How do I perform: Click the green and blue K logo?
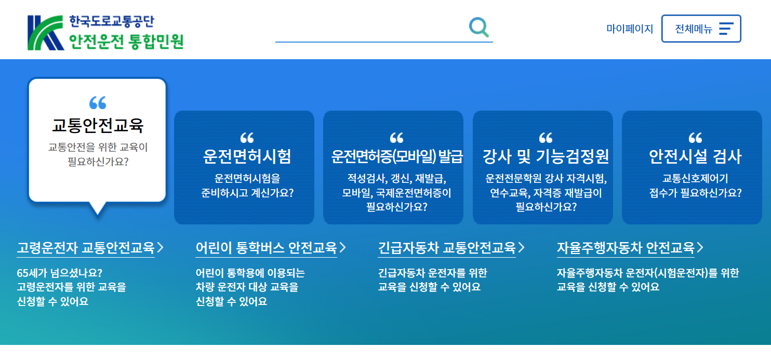point(46,33)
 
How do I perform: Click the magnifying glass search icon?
point(478,28)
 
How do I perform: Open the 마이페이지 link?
point(630,29)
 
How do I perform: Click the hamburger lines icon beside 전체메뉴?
point(726,29)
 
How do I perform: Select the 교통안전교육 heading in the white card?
point(97,125)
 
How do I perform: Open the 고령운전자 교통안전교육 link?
point(86,248)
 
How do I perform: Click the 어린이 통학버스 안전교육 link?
point(266,248)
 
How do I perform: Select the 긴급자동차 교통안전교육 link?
point(447,248)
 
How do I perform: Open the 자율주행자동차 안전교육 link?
point(625,248)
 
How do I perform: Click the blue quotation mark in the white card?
point(97,103)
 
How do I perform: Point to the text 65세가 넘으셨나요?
point(60,273)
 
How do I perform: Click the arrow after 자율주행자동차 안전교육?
point(700,248)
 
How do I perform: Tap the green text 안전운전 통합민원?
point(126,41)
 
